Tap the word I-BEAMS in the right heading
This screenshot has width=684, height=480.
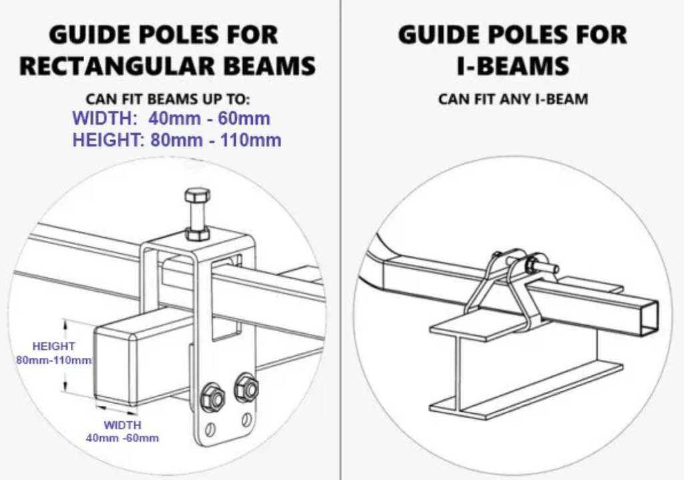pos(513,66)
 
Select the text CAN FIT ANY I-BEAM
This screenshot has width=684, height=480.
pos(513,99)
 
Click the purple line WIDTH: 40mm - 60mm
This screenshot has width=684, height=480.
pos(171,118)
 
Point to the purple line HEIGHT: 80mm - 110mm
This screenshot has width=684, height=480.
pos(176,140)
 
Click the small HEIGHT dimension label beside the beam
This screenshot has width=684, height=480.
pos(54,353)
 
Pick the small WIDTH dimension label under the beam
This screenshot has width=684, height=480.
pos(123,431)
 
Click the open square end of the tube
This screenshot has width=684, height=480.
pos(649,317)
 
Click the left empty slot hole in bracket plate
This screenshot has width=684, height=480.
pos(210,429)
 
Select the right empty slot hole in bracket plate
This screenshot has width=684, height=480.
pos(246,420)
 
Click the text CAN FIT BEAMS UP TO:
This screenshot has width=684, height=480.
pos(168,99)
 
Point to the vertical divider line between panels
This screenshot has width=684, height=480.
pos(341,240)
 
